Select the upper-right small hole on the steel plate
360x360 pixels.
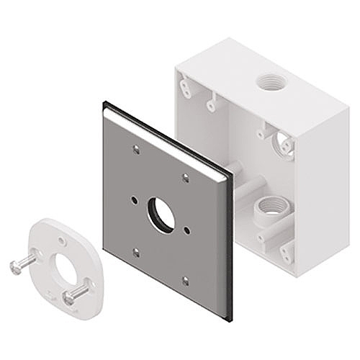coord(186,177)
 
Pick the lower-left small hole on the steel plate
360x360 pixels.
coord(136,252)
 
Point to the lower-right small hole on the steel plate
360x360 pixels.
coord(185,280)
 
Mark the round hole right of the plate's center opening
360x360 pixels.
coord(187,230)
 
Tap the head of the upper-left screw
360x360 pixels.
coord(16,267)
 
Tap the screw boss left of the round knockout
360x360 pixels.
coord(264,134)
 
